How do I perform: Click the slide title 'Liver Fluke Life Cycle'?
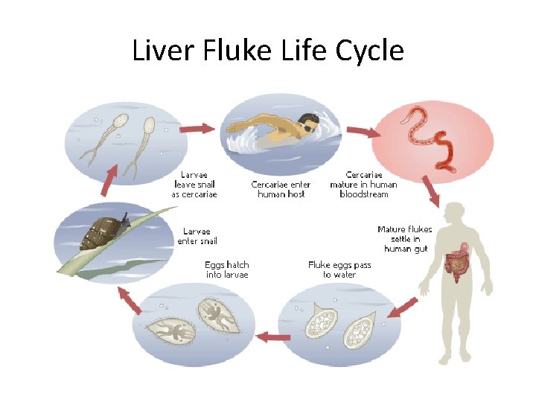click(268, 51)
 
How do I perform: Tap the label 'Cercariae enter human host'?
click(281, 189)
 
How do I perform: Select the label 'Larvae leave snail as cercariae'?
click(194, 185)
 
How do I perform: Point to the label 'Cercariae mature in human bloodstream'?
click(363, 185)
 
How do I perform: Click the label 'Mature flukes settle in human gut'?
click(404, 239)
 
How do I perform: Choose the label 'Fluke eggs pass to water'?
click(339, 269)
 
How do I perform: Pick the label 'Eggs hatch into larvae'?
click(227, 269)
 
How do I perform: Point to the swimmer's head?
click(307, 124)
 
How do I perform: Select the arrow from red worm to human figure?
click(430, 191)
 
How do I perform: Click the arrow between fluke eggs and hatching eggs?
click(272, 338)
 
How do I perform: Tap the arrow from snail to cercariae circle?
click(109, 179)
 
